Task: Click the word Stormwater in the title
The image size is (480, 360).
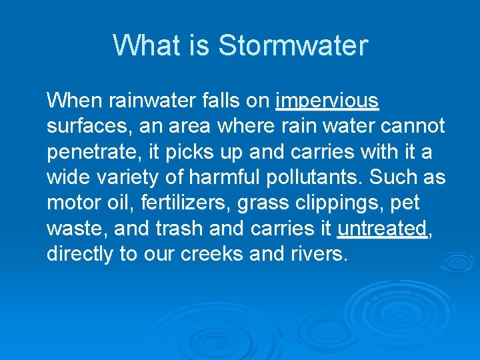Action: (x=293, y=45)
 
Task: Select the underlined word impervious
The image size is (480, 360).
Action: (x=327, y=101)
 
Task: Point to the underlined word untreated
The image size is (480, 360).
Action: (x=382, y=229)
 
